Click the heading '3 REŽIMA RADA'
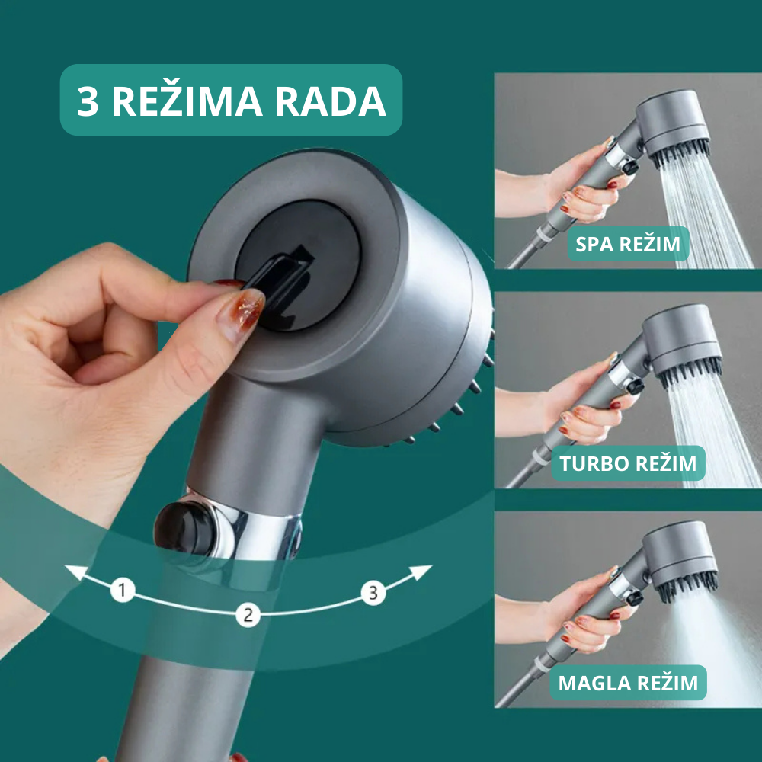(x=232, y=101)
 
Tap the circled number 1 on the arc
(x=123, y=590)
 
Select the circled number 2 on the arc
(x=248, y=615)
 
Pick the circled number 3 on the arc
(x=373, y=592)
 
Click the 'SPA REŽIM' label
(x=628, y=244)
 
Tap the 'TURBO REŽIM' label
(x=628, y=463)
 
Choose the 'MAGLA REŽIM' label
(x=628, y=683)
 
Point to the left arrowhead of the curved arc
(x=75, y=572)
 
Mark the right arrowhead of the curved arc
(x=421, y=572)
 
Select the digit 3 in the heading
(x=88, y=101)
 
